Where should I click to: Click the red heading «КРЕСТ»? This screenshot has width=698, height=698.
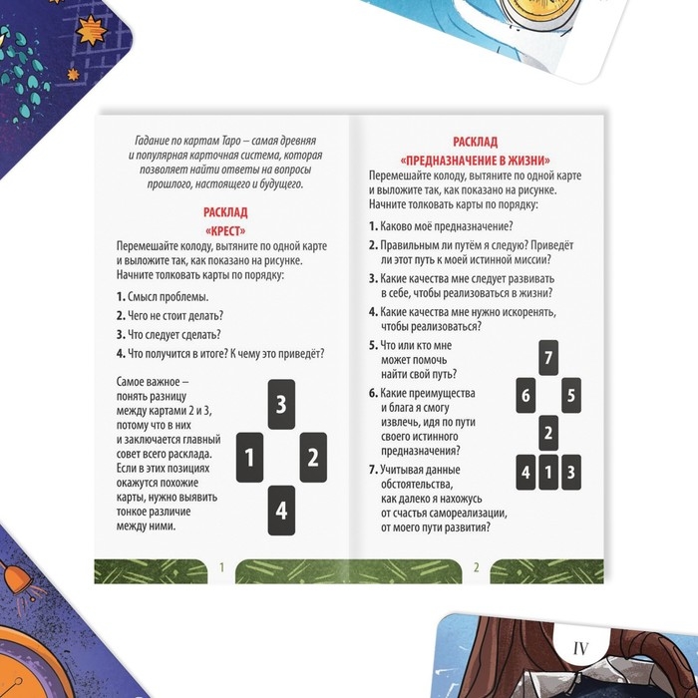click(x=225, y=231)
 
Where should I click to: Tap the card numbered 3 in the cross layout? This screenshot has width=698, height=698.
click(x=281, y=404)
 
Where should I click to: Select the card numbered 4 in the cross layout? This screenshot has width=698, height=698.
click(x=281, y=511)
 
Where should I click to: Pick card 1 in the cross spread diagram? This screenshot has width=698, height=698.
click(x=249, y=457)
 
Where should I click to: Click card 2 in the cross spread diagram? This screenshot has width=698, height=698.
click(x=313, y=457)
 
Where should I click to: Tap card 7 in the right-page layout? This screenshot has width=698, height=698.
click(x=548, y=357)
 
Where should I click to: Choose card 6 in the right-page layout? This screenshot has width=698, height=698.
click(x=525, y=395)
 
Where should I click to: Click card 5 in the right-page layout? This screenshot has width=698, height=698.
click(x=571, y=395)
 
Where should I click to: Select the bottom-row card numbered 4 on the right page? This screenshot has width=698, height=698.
click(x=525, y=473)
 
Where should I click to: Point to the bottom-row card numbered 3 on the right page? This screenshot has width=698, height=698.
click(x=571, y=473)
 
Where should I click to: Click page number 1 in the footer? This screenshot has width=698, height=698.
click(x=221, y=567)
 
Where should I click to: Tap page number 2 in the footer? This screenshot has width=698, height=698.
click(x=477, y=567)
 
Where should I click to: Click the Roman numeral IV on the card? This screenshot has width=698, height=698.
click(x=580, y=649)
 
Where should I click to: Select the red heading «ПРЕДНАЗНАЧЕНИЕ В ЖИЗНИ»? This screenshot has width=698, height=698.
click(x=476, y=161)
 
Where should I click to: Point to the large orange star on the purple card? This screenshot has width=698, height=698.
click(x=91, y=31)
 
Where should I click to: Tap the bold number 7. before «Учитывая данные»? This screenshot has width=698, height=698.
click(x=373, y=470)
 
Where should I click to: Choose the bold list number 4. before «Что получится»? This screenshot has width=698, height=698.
click(x=121, y=354)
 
